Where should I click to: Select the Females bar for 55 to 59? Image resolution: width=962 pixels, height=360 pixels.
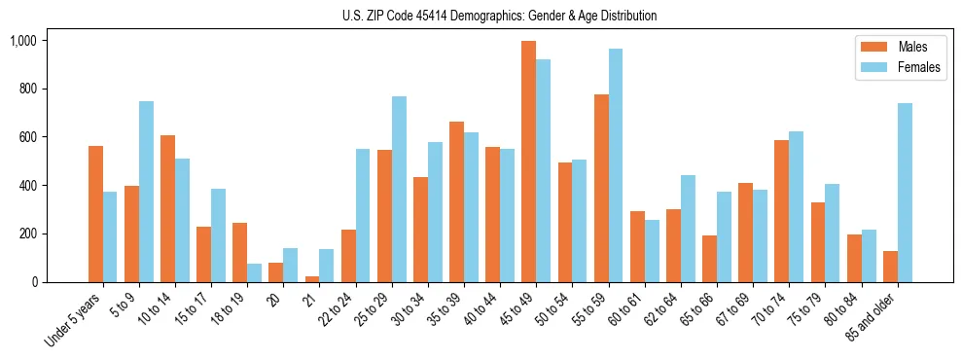click(x=615, y=165)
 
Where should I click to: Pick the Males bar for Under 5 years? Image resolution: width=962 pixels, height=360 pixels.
click(x=95, y=214)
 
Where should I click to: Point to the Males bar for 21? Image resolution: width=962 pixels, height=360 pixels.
click(x=312, y=279)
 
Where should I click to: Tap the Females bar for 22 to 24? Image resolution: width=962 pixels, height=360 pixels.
click(x=363, y=215)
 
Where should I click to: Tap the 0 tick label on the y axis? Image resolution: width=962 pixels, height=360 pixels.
click(x=34, y=282)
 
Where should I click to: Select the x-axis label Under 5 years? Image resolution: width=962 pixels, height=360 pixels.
click(x=74, y=320)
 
